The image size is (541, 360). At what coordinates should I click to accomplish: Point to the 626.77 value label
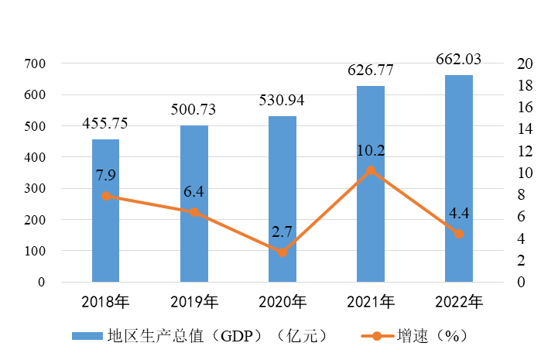(371, 70)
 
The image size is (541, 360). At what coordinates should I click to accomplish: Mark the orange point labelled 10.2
(371, 170)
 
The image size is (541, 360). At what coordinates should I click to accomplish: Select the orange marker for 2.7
(282, 252)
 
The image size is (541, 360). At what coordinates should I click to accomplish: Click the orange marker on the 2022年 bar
(459, 234)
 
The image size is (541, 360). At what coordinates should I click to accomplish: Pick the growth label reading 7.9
(106, 176)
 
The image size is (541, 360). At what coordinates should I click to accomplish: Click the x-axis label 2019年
(193, 301)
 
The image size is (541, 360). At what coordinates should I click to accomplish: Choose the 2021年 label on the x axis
(371, 301)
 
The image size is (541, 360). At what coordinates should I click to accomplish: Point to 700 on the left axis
(35, 63)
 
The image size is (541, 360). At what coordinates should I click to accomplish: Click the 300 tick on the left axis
(35, 189)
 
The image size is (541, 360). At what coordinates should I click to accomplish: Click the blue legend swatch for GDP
(82, 336)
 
